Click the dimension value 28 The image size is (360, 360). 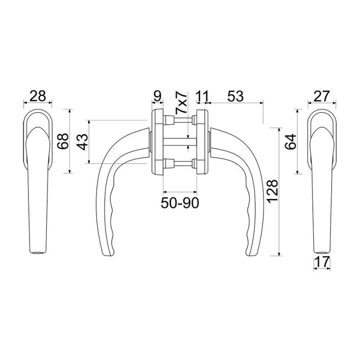click(x=38, y=96)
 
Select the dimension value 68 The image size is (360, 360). click(x=63, y=141)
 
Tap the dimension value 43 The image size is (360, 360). click(x=82, y=142)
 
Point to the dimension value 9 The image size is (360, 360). click(x=157, y=96)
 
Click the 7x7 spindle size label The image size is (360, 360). click(x=181, y=103)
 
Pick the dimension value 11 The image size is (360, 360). click(x=203, y=96)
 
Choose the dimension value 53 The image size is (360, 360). click(x=235, y=96)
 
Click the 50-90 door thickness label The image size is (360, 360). click(x=180, y=203)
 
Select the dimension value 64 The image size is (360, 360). click(x=291, y=142)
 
